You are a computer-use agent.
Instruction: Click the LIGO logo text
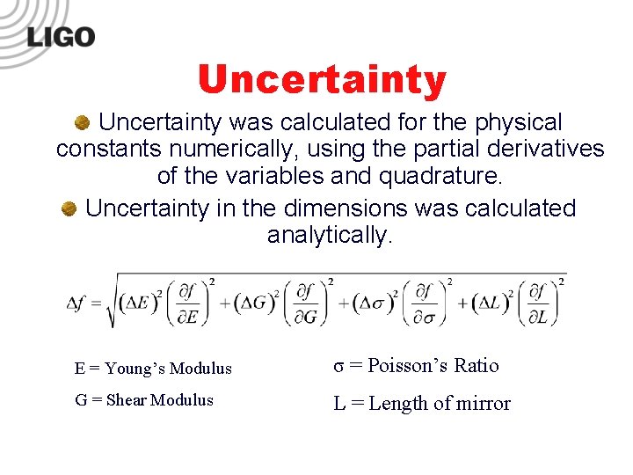[61, 37]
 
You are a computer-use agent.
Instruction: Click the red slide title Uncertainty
[323, 79]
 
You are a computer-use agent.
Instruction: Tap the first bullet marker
[81, 122]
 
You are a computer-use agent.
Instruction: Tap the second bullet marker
[69, 209]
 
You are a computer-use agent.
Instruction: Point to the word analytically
[329, 236]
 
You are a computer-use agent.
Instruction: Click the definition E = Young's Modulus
[153, 369]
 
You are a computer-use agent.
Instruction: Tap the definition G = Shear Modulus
[144, 400]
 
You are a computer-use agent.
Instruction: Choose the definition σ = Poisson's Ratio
[416, 366]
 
